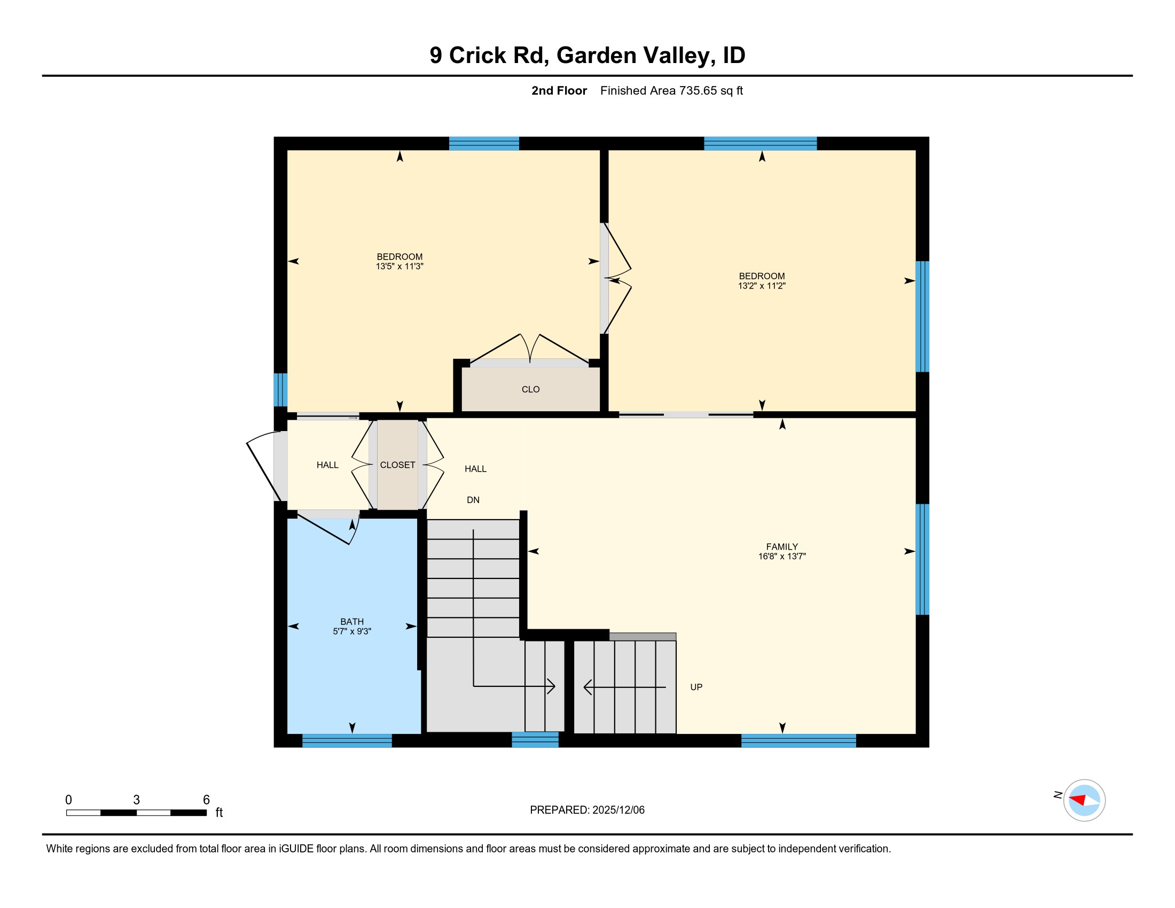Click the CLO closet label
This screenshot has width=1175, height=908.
click(x=530, y=389)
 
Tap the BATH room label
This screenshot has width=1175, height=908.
click(x=352, y=621)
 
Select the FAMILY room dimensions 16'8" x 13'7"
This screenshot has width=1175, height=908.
click(x=782, y=556)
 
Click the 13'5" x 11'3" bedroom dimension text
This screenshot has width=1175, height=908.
click(x=399, y=267)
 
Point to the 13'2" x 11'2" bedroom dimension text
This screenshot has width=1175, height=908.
click(x=761, y=286)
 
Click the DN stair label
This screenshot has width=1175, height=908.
click(x=473, y=500)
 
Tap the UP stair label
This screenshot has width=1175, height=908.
click(x=696, y=687)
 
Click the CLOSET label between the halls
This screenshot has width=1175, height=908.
click(x=397, y=465)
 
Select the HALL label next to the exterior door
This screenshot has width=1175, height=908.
click(x=327, y=465)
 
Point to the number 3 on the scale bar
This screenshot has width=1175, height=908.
click(x=137, y=800)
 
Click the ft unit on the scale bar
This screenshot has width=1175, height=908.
click(x=219, y=812)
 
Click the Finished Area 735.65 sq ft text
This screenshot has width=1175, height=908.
click(x=671, y=90)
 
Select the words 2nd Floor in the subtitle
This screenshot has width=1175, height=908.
click(x=559, y=90)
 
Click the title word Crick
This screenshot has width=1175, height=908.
click(x=477, y=56)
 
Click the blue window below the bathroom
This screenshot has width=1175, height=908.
click(x=347, y=741)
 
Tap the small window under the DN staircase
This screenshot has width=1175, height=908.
click(x=535, y=740)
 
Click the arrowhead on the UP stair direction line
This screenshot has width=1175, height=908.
click(x=587, y=687)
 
